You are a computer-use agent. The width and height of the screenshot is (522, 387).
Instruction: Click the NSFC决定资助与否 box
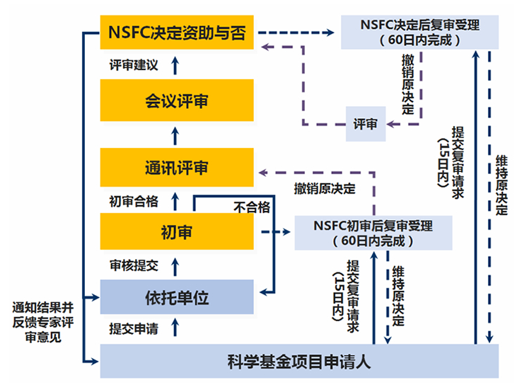177,33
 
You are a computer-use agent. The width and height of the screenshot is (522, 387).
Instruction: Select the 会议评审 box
177,101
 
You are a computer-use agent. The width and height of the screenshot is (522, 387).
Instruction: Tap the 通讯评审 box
177,168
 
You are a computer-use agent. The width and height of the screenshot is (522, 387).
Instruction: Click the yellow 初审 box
177,231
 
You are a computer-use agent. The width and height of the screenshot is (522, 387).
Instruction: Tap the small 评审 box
365,125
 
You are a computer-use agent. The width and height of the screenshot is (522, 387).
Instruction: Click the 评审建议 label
134,65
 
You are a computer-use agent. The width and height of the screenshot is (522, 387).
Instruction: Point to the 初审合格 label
134,200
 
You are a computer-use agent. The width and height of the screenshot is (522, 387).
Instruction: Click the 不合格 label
253,207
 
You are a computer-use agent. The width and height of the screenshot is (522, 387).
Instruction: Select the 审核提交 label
134,266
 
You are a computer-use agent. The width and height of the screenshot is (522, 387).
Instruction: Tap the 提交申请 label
134,329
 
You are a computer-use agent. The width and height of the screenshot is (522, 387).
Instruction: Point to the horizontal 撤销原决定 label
325,190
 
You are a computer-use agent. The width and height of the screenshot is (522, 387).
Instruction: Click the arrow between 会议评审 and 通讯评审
177,135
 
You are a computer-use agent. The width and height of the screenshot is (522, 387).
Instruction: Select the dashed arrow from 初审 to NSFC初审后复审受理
274,232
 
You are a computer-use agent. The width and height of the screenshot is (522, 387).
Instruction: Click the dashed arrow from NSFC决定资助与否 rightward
297,33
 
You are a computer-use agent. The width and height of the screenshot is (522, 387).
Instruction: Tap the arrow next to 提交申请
177,328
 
